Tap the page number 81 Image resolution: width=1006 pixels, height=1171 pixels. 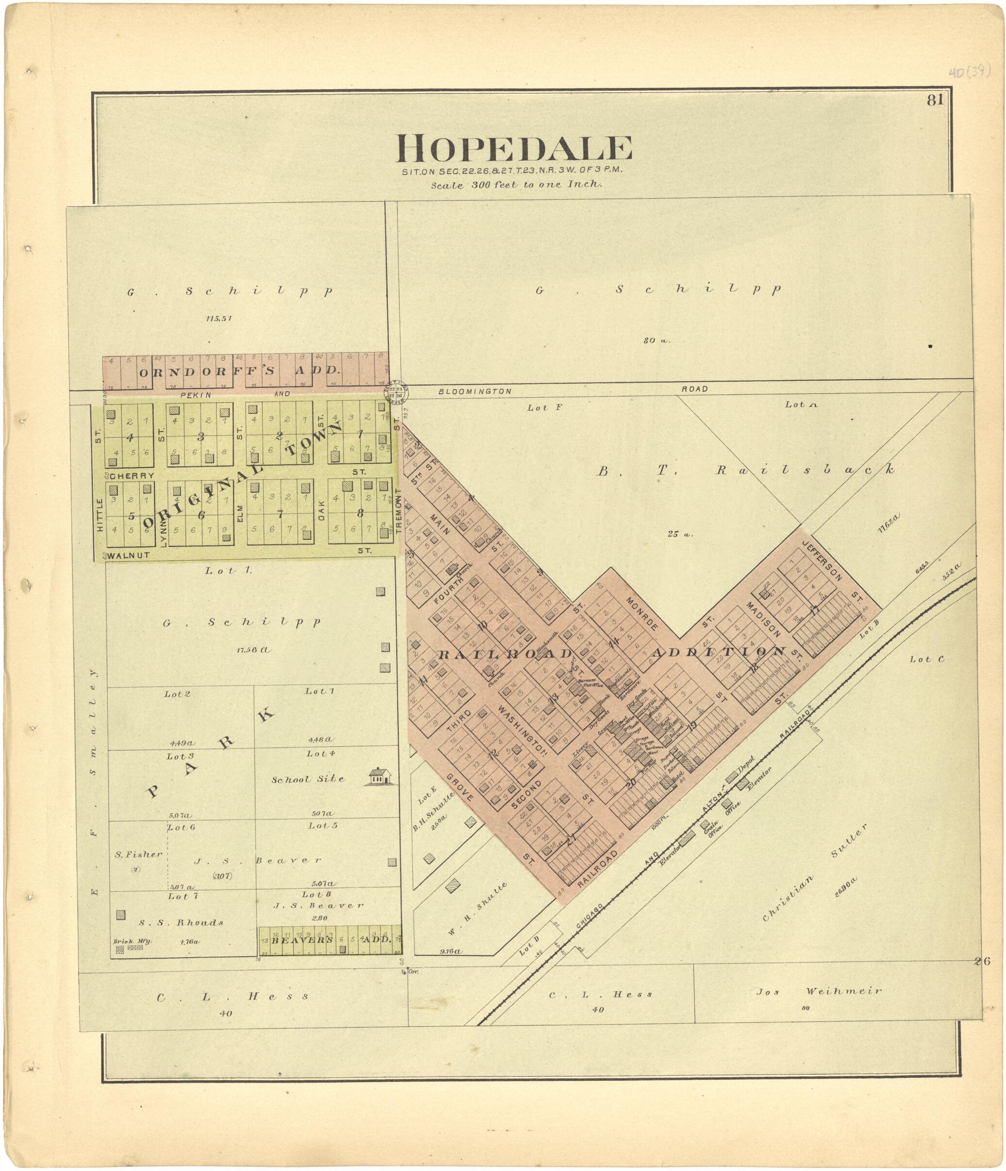tap(935, 100)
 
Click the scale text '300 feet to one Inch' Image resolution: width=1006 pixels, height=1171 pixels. tap(516, 184)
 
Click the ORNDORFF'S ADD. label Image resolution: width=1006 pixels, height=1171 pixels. tap(240, 371)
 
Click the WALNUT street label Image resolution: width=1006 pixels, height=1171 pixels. tap(129, 555)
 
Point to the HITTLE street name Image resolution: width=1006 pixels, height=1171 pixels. tap(100, 515)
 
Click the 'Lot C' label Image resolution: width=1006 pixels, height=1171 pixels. tap(927, 659)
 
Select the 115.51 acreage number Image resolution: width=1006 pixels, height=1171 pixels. tap(218, 318)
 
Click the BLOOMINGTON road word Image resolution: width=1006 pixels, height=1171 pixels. tap(475, 391)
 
